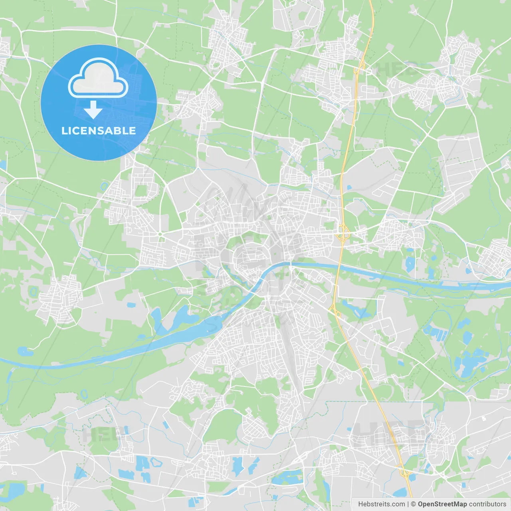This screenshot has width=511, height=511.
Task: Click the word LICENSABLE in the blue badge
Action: click(x=99, y=131)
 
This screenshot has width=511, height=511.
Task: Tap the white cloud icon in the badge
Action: click(x=98, y=78)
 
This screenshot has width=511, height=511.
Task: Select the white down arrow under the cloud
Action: click(x=93, y=110)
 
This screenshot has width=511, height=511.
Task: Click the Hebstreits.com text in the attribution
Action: click(x=381, y=504)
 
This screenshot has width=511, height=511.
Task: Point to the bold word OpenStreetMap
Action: click(x=442, y=504)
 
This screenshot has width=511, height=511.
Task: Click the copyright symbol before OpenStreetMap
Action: click(x=414, y=504)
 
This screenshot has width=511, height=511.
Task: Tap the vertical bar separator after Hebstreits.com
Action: click(x=408, y=504)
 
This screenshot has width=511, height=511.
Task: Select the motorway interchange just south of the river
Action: click(x=334, y=309)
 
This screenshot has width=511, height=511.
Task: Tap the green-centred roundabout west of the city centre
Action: click(x=160, y=234)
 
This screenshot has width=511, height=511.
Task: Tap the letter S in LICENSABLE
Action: click(x=96, y=131)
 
